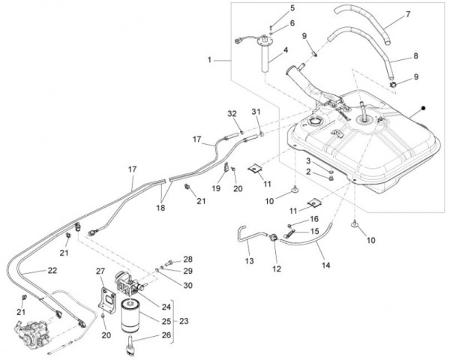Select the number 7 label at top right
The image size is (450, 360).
click(409, 14)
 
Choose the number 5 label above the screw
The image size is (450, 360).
click(292, 8)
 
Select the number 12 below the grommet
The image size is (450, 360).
click(275, 268)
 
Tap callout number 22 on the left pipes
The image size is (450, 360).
click(52, 270)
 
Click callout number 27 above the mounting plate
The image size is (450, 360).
click(100, 270)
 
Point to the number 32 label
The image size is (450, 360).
click(232, 113)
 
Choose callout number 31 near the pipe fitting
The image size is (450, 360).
click(256, 112)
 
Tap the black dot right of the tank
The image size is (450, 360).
click(424, 109)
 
